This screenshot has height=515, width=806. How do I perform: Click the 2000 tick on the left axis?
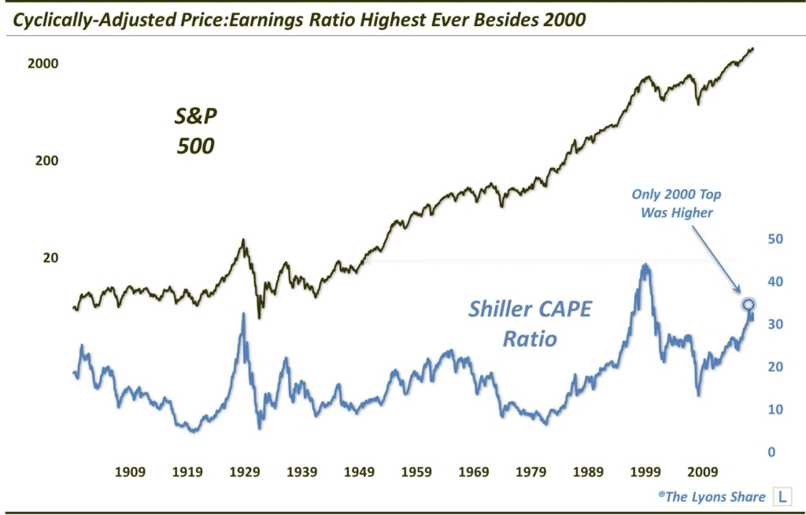point(43,64)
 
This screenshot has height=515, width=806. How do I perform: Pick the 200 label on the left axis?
point(47,161)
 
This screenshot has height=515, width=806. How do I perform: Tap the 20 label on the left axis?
point(50,257)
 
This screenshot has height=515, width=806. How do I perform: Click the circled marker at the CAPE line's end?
point(749,305)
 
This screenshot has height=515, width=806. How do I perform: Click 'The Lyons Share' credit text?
point(715,497)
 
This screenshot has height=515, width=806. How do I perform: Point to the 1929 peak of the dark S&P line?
point(243,239)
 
